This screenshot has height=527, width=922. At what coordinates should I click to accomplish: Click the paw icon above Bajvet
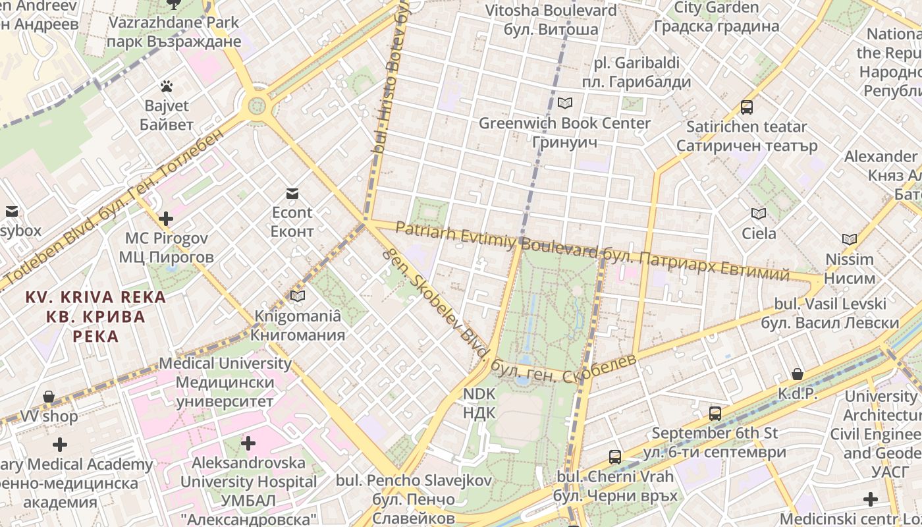pos(167,86)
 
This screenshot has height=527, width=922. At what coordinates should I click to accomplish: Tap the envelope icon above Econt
pos(292,193)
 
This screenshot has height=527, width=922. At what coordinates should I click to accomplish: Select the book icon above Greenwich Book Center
pos(564,103)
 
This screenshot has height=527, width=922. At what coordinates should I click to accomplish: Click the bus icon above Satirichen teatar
pos(747,107)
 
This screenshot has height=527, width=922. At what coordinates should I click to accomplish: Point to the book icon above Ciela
pos(759,213)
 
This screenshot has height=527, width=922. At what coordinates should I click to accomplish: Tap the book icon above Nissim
pos(850,239)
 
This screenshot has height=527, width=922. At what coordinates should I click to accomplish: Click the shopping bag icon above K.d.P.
pos(798,374)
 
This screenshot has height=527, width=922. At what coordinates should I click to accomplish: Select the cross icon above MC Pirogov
pos(166,218)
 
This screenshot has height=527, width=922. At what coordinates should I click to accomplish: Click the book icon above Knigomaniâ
pos(298,296)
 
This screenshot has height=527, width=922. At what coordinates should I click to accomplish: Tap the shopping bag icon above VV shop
pos(49,397)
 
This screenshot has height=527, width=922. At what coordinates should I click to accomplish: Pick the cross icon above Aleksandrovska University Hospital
pos(248,443)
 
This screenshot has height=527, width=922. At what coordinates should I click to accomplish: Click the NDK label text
pos(479,403)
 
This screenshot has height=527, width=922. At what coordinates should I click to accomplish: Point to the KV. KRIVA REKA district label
pos(95,316)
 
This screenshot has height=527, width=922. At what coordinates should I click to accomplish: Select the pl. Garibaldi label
pos(636,72)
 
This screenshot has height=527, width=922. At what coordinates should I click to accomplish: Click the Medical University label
pos(225,382)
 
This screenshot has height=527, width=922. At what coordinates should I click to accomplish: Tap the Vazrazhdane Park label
pos(175,32)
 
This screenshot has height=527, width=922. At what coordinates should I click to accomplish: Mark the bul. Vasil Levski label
pos(830,314)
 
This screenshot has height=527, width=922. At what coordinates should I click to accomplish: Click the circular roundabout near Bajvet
pos(257,105)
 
